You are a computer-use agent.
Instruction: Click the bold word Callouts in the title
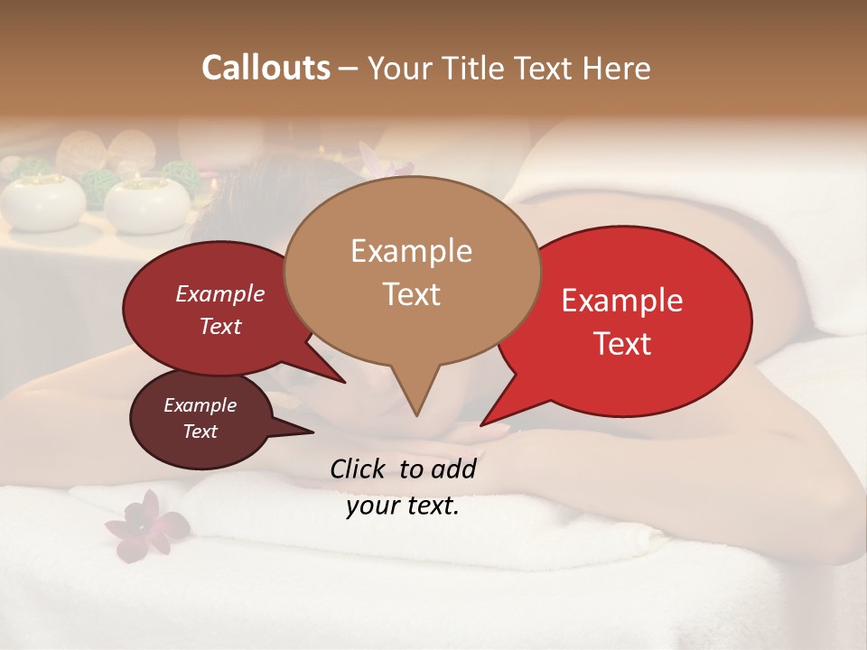pos(266,68)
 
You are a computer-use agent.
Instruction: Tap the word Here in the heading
pos(617,68)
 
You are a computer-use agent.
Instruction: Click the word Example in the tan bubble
pos(411,250)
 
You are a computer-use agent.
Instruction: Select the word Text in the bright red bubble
pos(622,344)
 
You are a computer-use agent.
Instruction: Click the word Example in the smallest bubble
pos(200,405)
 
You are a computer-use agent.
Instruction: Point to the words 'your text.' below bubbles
pos(403,506)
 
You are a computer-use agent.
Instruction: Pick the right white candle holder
pos(146,203)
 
